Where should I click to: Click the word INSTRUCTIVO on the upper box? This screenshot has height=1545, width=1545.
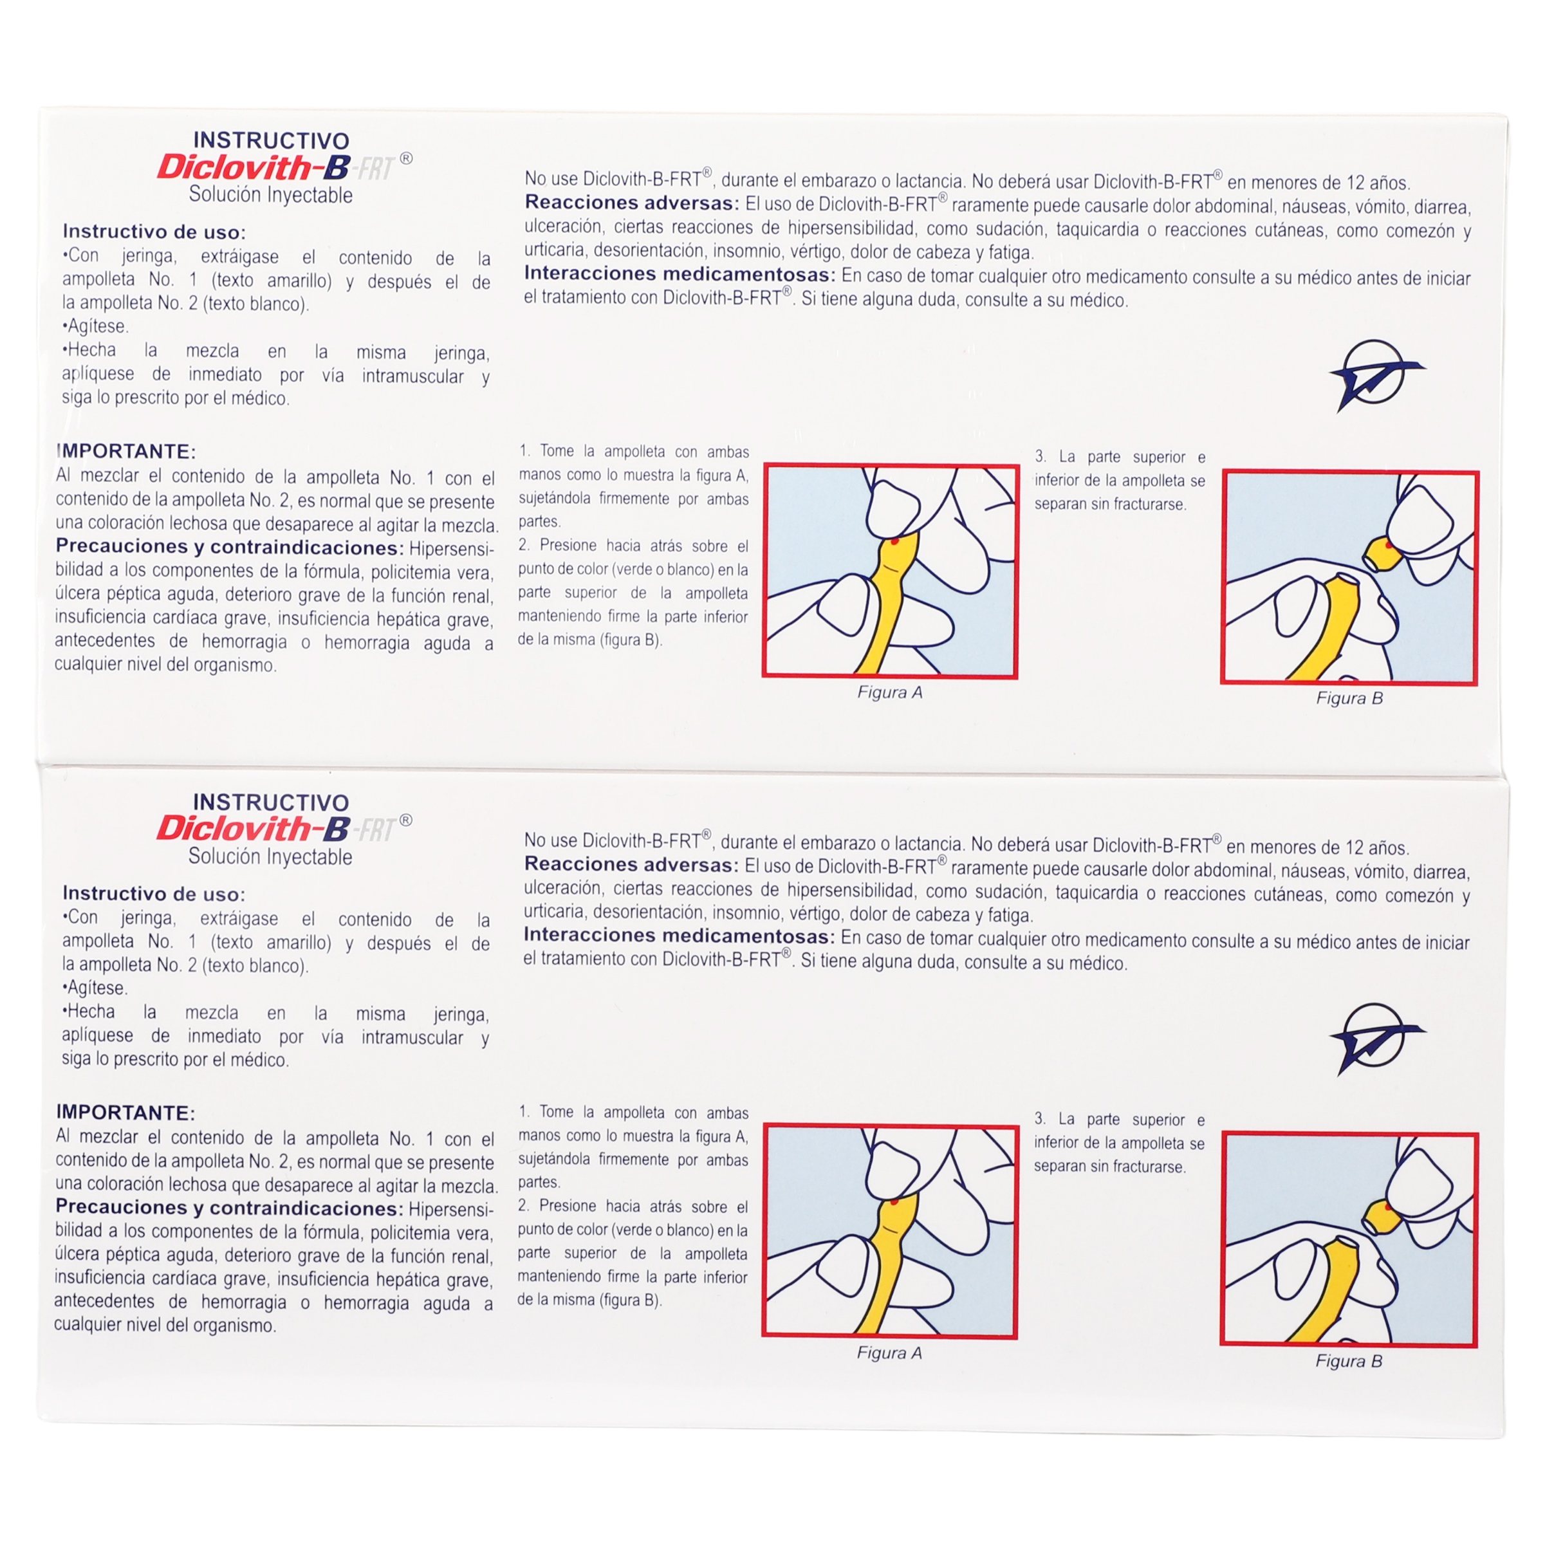pos(271,141)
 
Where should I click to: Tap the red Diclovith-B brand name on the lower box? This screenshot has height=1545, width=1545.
pos(254,828)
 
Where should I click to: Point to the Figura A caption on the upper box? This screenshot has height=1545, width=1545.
pos(890,692)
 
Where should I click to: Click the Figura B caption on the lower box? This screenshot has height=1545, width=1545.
pos(1349,1361)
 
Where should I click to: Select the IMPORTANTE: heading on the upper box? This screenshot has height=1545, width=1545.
pos(126,451)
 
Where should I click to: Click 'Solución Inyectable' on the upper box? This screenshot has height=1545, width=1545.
pos(270,195)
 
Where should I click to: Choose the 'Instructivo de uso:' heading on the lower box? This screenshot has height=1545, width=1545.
pos(154,894)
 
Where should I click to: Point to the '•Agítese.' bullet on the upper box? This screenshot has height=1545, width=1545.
pos(95,326)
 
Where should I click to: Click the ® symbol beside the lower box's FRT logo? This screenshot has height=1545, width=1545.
pos(406,820)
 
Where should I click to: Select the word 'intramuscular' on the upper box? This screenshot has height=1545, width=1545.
pos(412,376)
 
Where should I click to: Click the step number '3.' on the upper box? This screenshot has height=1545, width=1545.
pos(1041,457)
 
